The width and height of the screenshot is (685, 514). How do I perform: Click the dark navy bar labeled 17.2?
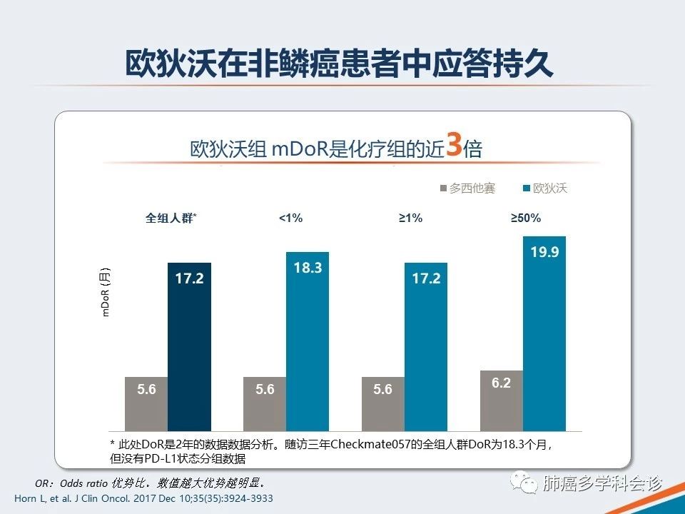click(x=189, y=346)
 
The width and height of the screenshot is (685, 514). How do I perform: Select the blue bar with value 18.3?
click(x=308, y=341)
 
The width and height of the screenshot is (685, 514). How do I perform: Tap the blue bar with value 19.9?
click(x=544, y=333)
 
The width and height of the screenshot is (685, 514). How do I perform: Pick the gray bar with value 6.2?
click(x=502, y=400)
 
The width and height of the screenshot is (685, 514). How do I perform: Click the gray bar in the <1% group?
click(x=265, y=403)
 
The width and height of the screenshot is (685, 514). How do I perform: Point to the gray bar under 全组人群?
click(x=146, y=403)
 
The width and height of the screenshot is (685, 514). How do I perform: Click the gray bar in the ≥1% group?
click(x=383, y=403)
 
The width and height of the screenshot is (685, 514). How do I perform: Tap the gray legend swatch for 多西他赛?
click(x=442, y=188)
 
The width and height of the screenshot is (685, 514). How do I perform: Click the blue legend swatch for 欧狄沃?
click(x=527, y=188)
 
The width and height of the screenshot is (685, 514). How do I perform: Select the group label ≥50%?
click(x=526, y=218)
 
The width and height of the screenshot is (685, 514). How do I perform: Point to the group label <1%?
click(x=290, y=218)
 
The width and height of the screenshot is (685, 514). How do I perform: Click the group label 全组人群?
click(x=171, y=218)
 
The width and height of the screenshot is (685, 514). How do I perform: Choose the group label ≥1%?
click(x=410, y=218)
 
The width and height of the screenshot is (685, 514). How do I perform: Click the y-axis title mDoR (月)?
click(x=106, y=292)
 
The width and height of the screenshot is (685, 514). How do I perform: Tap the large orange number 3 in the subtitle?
click(x=453, y=143)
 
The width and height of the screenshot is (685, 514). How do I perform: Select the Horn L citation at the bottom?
click(x=143, y=498)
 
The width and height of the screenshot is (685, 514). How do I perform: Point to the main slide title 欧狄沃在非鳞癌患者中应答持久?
click(x=340, y=65)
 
